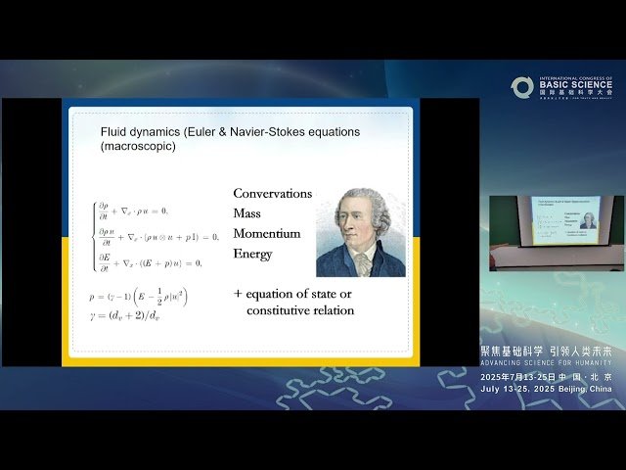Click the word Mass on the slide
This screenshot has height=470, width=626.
coord(247,213)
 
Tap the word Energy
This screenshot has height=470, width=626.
coord(253,254)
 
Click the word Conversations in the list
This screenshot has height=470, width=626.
coord(273,194)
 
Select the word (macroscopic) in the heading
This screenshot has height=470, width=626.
coord(139,146)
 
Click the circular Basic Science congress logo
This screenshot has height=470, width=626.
coord(521,88)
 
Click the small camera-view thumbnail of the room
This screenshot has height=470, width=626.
coord(557,233)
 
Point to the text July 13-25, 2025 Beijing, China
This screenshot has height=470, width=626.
coord(547,389)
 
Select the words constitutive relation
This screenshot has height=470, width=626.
coord(300,311)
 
